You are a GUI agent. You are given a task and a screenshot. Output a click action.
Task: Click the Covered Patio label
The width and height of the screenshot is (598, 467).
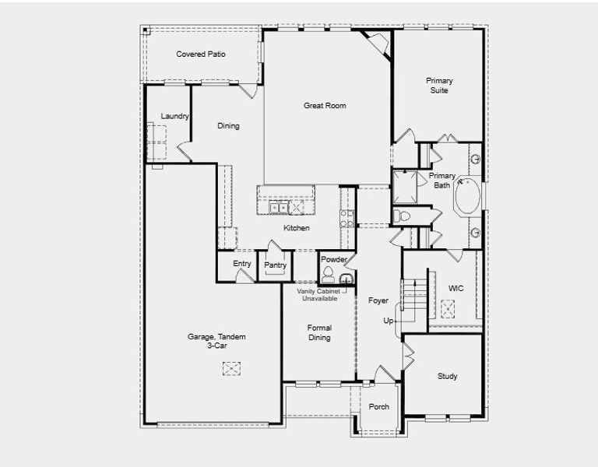click(201, 54)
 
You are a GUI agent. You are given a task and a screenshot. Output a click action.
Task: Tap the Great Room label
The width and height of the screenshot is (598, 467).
click(325, 106)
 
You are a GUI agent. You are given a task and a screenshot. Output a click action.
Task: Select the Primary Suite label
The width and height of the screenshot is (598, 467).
click(439, 86)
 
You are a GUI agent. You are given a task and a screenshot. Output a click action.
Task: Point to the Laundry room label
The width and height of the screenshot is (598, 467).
click(175, 117)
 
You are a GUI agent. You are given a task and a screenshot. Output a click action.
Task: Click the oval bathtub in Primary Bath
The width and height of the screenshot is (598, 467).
click(469, 198)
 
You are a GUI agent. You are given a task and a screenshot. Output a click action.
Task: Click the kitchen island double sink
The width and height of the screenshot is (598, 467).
click(278, 207)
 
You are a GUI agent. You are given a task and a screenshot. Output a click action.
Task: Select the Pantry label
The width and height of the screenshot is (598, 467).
click(275, 265)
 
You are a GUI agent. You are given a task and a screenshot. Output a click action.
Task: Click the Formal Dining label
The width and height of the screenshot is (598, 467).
click(319, 332)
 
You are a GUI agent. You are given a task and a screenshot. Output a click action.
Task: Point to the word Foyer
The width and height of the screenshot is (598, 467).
click(378, 300)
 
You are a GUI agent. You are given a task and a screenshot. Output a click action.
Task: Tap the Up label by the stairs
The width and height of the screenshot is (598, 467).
click(388, 321)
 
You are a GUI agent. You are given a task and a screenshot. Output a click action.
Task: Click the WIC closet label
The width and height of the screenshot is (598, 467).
click(456, 289)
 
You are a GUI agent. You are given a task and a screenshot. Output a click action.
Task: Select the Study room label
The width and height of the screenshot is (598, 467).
click(447, 377)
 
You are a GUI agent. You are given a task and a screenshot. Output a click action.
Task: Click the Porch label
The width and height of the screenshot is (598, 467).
click(379, 407)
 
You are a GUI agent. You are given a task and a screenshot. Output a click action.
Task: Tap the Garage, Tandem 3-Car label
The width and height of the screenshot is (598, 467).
click(216, 341)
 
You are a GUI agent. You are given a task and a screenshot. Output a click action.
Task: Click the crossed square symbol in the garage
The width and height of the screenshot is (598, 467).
click(231, 369)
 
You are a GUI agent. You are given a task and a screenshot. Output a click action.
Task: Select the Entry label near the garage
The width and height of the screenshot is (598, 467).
click(242, 264)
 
